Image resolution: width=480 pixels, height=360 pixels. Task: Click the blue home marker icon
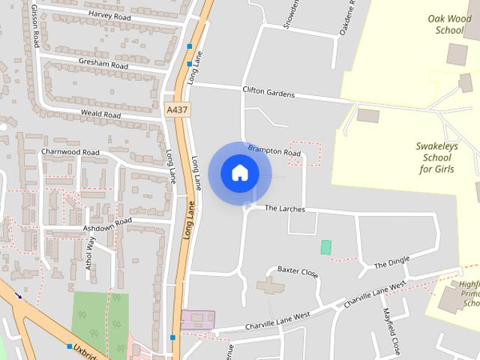point(239,173)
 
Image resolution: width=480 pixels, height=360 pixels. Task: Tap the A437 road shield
point(177,109)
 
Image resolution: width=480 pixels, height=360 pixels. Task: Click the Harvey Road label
point(109,14)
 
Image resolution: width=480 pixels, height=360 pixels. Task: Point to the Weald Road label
point(100,114)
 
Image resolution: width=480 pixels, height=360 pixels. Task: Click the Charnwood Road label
point(70,151)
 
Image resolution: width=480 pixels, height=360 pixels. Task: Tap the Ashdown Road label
point(107,223)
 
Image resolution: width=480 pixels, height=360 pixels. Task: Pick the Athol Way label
point(91,253)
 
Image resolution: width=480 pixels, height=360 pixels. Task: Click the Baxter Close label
point(298,271)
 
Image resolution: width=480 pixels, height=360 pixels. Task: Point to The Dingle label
point(391,262)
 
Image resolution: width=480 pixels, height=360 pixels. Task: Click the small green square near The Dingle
point(325,247)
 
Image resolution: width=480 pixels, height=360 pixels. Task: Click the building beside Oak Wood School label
point(457,54)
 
